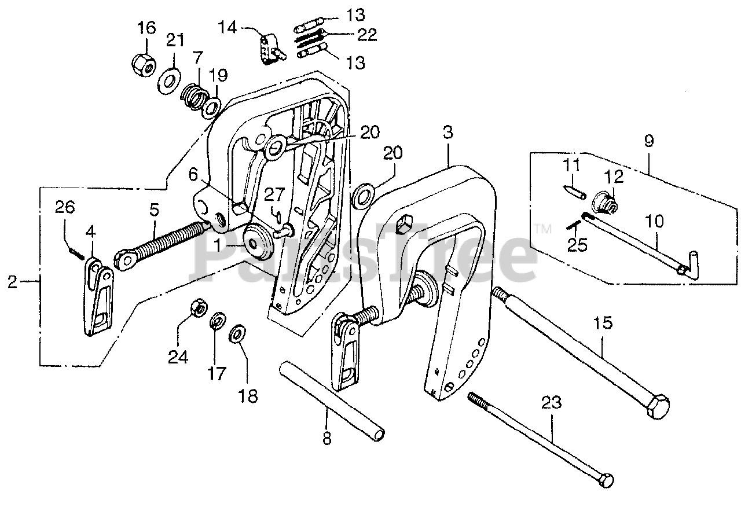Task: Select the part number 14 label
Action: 227,26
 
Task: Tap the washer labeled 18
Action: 237,335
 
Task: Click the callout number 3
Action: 447,133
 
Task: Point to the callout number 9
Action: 648,141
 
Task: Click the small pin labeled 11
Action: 573,192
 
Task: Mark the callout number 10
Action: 652,222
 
